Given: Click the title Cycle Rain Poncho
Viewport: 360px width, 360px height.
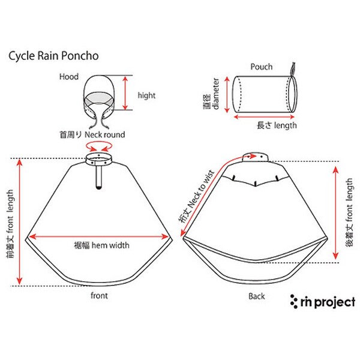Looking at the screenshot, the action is point(53,56).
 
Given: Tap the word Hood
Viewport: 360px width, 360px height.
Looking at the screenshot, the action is point(69,76).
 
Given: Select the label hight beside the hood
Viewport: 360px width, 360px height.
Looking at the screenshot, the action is point(146,95).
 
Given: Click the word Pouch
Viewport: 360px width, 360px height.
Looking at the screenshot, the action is point(262,67).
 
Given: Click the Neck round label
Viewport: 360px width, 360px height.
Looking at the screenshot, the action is point(92,134).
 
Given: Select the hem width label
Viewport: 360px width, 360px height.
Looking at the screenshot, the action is point(101,245).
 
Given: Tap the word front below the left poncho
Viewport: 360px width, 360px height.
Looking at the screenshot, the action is point(99,295).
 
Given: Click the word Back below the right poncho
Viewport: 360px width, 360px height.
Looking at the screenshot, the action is point(257,296).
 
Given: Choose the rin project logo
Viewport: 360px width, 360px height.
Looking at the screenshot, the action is point(323,301).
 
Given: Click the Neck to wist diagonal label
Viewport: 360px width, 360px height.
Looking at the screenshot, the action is point(197,196).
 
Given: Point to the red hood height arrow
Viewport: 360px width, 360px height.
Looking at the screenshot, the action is point(125,93).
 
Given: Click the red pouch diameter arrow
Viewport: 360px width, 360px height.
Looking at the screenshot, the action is point(227,95).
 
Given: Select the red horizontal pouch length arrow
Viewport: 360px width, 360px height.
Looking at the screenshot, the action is point(264,117).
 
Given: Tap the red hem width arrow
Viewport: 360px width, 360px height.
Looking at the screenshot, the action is point(99,236).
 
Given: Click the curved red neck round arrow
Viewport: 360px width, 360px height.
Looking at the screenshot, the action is point(99,146).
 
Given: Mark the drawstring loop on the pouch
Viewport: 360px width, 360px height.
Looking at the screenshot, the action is point(293,70).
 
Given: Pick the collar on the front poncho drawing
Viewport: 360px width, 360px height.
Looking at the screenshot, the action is point(99,159).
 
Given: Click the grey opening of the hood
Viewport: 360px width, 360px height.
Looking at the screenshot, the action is point(99,98).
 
